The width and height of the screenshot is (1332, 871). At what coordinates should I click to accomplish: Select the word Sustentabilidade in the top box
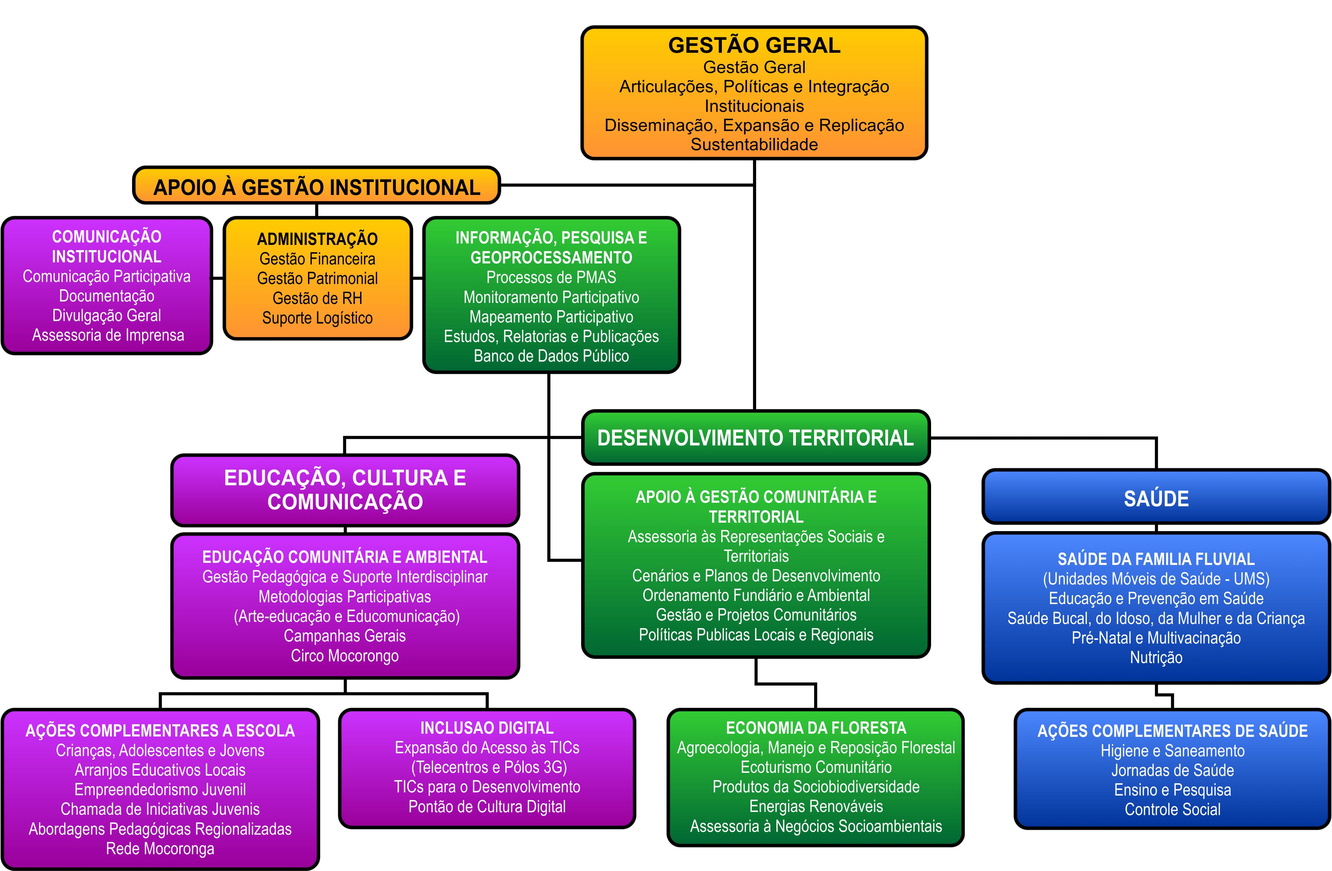[x=754, y=144]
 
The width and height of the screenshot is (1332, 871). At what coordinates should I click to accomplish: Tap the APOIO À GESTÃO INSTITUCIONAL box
[x=317, y=187]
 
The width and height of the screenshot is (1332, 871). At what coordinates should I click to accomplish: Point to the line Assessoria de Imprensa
[x=108, y=335]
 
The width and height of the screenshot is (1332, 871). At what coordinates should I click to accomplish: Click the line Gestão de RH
[x=317, y=298]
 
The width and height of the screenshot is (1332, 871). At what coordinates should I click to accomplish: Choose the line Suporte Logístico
[x=317, y=318]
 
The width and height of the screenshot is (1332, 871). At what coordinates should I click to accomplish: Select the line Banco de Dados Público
[x=551, y=356]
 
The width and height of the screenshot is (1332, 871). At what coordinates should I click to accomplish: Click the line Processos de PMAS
[x=551, y=278]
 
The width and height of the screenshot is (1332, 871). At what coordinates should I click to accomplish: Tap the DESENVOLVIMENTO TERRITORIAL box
[x=755, y=438]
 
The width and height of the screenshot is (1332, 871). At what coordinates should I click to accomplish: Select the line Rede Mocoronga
[x=160, y=849]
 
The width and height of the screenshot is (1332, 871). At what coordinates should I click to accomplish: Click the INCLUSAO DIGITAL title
[x=487, y=728]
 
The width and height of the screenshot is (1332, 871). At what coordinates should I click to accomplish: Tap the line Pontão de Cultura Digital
[x=487, y=807]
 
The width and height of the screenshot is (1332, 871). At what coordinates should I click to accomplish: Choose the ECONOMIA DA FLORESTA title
[x=816, y=728]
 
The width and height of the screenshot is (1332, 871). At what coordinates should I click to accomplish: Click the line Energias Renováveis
[x=816, y=807]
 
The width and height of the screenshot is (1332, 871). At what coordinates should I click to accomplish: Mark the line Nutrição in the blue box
[x=1156, y=658]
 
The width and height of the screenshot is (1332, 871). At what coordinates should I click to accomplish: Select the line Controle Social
[x=1172, y=810]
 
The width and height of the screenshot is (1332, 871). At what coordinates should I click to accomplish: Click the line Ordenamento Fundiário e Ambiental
[x=756, y=596]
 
